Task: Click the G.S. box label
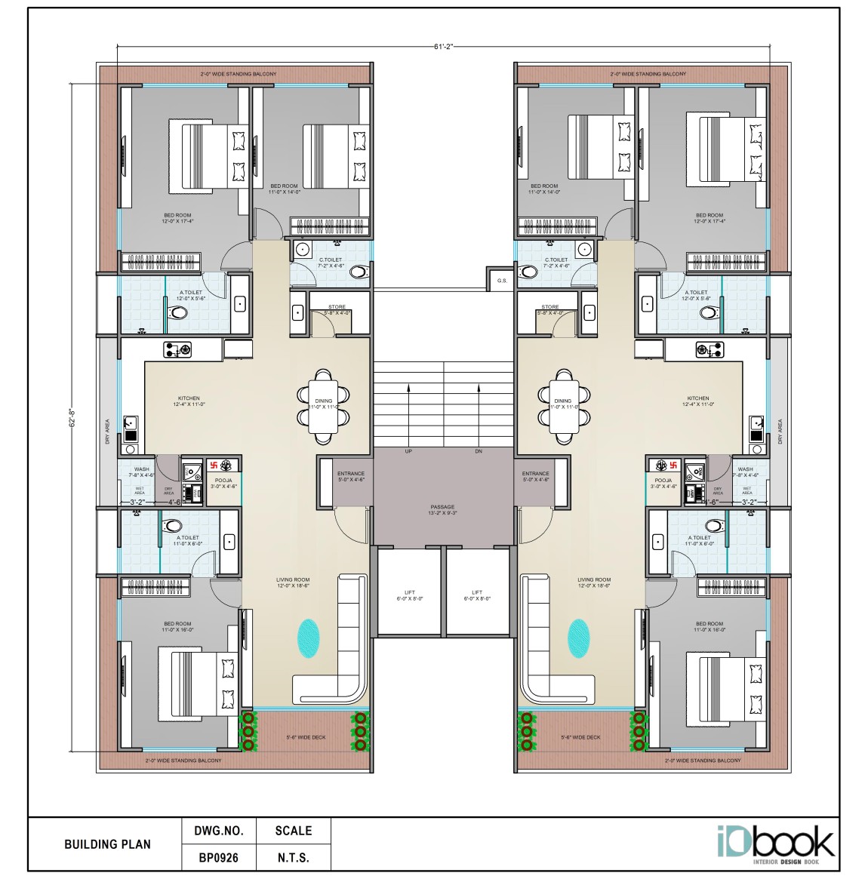click(503, 281)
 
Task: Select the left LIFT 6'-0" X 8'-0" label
click(410, 595)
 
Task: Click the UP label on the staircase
click(408, 451)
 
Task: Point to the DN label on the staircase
click(478, 451)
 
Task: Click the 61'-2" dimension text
click(443, 47)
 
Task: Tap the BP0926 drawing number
click(218, 858)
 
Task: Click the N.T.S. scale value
click(293, 858)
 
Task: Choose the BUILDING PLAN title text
click(107, 844)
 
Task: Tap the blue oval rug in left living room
click(309, 638)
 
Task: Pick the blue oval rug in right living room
click(578, 638)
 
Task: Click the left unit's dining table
click(324, 406)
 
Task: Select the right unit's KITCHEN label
click(697, 401)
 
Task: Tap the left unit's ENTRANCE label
click(351, 476)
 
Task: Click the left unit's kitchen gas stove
click(179, 349)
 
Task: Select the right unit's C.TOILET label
click(557, 263)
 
